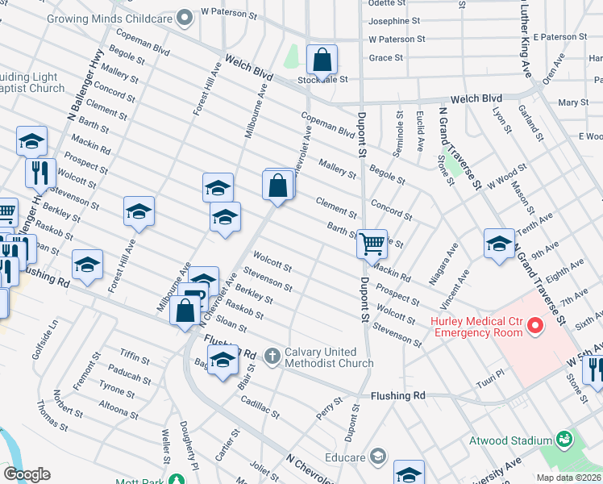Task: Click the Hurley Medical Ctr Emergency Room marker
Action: point(534,326)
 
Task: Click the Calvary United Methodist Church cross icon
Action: point(272,355)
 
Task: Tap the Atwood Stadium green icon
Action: point(564,440)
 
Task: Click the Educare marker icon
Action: point(376,457)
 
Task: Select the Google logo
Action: point(27,474)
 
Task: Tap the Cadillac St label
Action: point(259,405)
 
